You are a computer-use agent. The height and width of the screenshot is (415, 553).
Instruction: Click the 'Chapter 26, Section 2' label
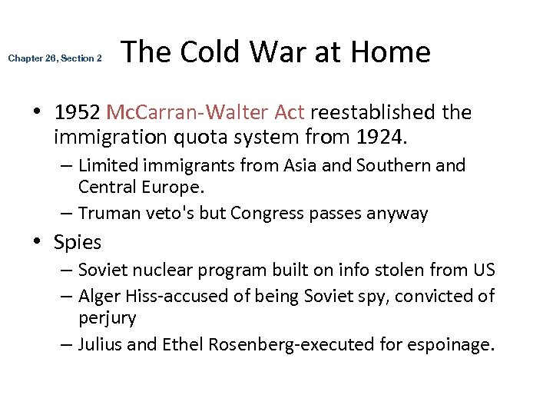tap(55, 58)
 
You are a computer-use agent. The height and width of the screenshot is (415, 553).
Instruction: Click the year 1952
tap(78, 113)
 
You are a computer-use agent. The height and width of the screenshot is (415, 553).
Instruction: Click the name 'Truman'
tap(111, 213)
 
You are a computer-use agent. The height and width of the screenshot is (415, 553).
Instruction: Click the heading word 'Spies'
tap(78, 243)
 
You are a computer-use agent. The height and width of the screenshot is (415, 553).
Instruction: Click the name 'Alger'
tap(99, 296)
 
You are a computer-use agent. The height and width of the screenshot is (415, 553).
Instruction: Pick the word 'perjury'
tap(108, 317)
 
